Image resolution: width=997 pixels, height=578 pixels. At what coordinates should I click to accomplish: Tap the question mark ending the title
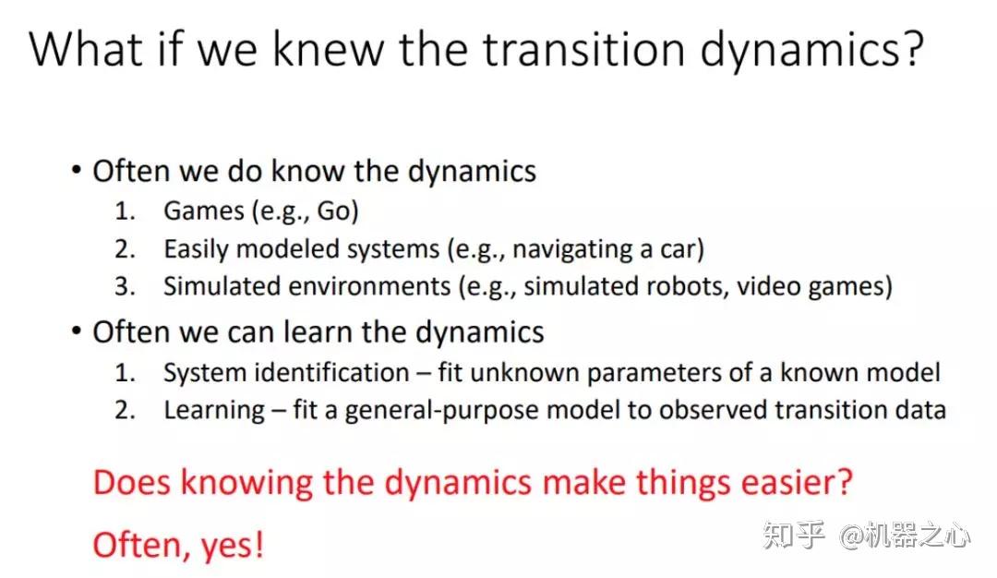910,48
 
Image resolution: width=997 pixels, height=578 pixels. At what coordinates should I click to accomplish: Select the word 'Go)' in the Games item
338,211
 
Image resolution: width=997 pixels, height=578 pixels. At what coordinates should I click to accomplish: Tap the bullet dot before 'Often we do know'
77,171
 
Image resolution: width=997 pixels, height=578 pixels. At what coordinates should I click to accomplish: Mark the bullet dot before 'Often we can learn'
77,331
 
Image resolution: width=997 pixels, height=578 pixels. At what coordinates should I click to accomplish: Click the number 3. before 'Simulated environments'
126,287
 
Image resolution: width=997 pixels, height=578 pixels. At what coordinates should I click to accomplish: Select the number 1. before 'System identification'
125,373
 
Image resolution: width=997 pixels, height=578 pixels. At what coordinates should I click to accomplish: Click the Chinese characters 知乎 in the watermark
794,536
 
